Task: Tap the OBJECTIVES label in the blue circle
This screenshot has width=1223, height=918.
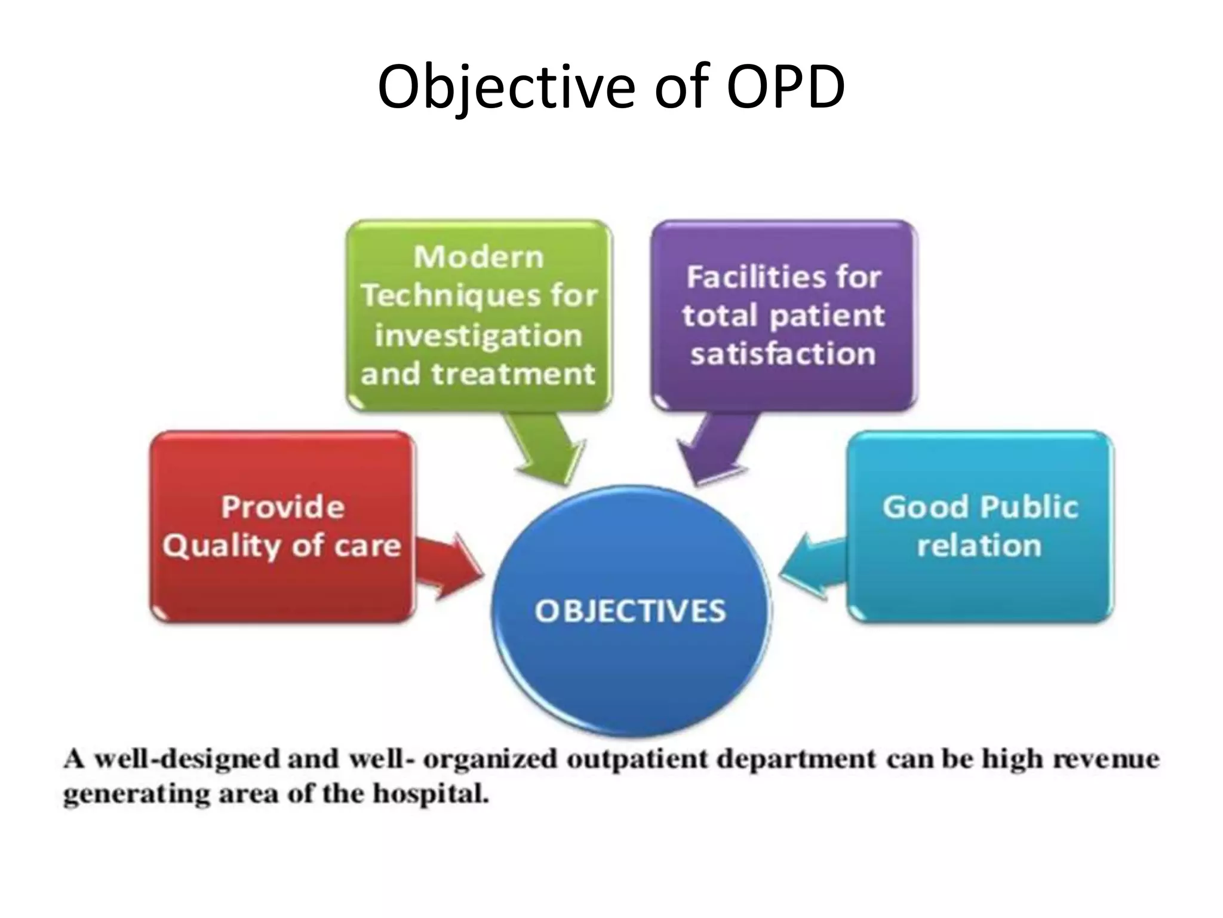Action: (630, 611)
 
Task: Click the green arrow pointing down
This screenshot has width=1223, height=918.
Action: (546, 448)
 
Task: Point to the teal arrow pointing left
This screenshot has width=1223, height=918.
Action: (812, 565)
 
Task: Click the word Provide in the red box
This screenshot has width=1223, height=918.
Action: (283, 507)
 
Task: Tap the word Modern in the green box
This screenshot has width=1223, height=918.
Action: (479, 258)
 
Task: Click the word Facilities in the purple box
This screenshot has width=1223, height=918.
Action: (754, 277)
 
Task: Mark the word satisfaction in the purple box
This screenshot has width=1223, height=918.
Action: (783, 354)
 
